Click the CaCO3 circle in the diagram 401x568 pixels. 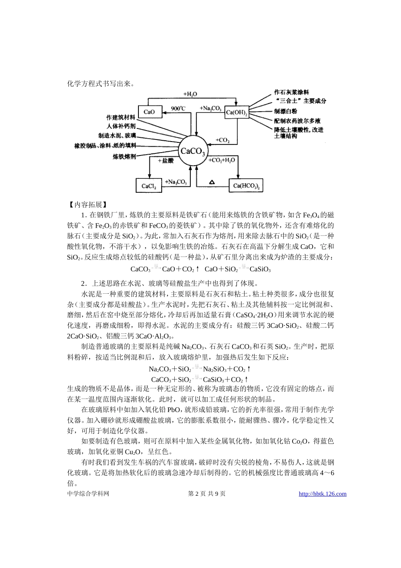[x=192, y=151]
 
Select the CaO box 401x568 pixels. [x=149, y=112]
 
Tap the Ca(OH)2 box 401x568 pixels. [x=236, y=112]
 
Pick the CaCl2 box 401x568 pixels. [x=149, y=186]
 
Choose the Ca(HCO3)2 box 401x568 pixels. [x=247, y=186]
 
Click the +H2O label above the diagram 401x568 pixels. [x=190, y=94]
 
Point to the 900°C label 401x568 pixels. [x=178, y=109]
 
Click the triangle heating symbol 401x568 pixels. [x=212, y=182]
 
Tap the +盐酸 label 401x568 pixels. [x=165, y=161]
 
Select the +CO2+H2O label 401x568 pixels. [x=222, y=160]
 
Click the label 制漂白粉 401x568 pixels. [x=285, y=111]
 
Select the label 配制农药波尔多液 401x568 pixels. [x=297, y=120]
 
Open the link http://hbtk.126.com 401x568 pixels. [x=322, y=494]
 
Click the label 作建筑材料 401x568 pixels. [x=121, y=117]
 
